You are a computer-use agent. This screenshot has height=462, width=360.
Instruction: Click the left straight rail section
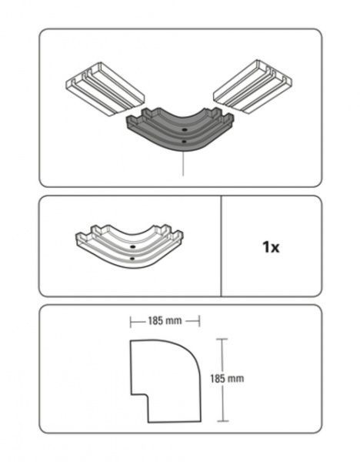105,89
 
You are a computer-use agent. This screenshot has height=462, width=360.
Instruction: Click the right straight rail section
252,86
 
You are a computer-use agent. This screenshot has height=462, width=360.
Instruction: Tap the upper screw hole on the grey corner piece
185,129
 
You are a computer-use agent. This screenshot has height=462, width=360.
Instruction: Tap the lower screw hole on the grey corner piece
184,142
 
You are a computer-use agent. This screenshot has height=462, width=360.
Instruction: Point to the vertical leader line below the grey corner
183,164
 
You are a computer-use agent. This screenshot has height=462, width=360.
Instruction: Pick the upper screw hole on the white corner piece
133,246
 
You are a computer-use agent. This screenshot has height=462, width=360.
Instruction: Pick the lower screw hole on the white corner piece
132,259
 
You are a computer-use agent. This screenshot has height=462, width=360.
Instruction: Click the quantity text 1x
271,247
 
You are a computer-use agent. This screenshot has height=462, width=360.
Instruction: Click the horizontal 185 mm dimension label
165,320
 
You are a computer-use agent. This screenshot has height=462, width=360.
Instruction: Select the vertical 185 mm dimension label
227,378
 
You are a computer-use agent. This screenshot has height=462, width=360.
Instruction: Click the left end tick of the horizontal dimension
131,321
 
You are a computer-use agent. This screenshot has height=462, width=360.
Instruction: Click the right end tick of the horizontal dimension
200,321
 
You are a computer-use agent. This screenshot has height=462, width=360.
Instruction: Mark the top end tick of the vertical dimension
222,340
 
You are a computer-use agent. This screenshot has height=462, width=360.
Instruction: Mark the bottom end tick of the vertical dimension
223,421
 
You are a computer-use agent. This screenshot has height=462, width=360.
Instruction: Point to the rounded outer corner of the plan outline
192,350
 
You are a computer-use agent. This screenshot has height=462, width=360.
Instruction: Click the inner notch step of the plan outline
148,395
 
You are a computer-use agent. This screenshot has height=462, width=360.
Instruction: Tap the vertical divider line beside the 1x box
221,246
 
